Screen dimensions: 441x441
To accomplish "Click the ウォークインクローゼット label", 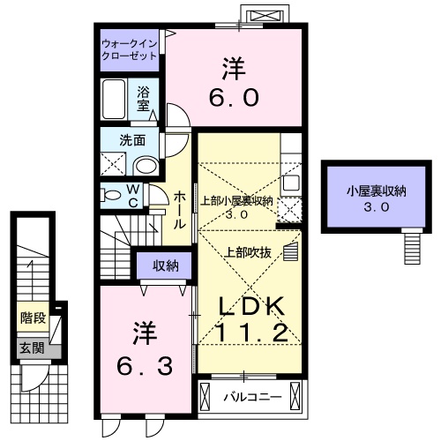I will click(129, 49).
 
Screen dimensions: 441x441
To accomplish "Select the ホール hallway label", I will click(179, 208).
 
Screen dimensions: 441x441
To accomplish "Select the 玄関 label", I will click(32, 348).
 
